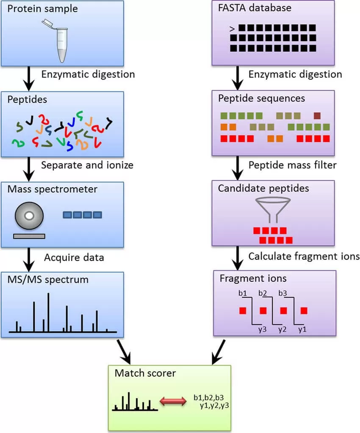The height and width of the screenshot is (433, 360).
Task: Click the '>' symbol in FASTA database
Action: tap(232, 29)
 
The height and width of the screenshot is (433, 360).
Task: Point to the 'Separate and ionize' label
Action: tap(87, 165)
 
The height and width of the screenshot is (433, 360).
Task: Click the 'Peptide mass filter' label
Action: tap(292, 165)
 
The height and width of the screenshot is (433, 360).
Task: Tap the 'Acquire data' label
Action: tap(74, 257)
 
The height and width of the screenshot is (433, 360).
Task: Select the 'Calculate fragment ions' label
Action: tap(304, 256)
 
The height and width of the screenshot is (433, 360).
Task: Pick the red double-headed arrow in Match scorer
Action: tap(173, 401)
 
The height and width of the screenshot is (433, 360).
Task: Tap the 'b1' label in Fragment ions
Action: tap(243, 293)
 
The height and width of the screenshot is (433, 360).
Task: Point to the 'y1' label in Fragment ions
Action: tap(302, 329)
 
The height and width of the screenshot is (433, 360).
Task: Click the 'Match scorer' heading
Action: tap(145, 373)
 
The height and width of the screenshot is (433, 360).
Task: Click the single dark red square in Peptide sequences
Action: tap(317, 115)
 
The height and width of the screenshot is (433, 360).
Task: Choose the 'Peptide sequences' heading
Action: tap(261, 98)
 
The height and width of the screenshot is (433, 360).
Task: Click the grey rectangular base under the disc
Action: tap(29, 236)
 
